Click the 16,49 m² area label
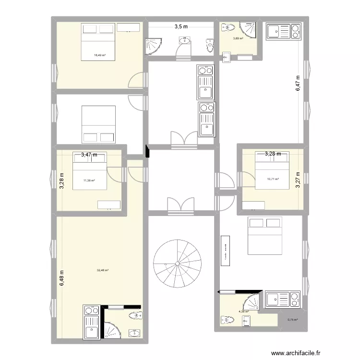tap(100, 55)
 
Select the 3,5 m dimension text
tap(180, 27)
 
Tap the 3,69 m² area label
tap(238, 39)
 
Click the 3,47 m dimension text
tap(89, 155)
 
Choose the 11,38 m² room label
tap(89, 181)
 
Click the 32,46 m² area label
tap(103, 270)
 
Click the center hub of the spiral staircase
tap(177, 264)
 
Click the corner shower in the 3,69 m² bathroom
tap(249, 29)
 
